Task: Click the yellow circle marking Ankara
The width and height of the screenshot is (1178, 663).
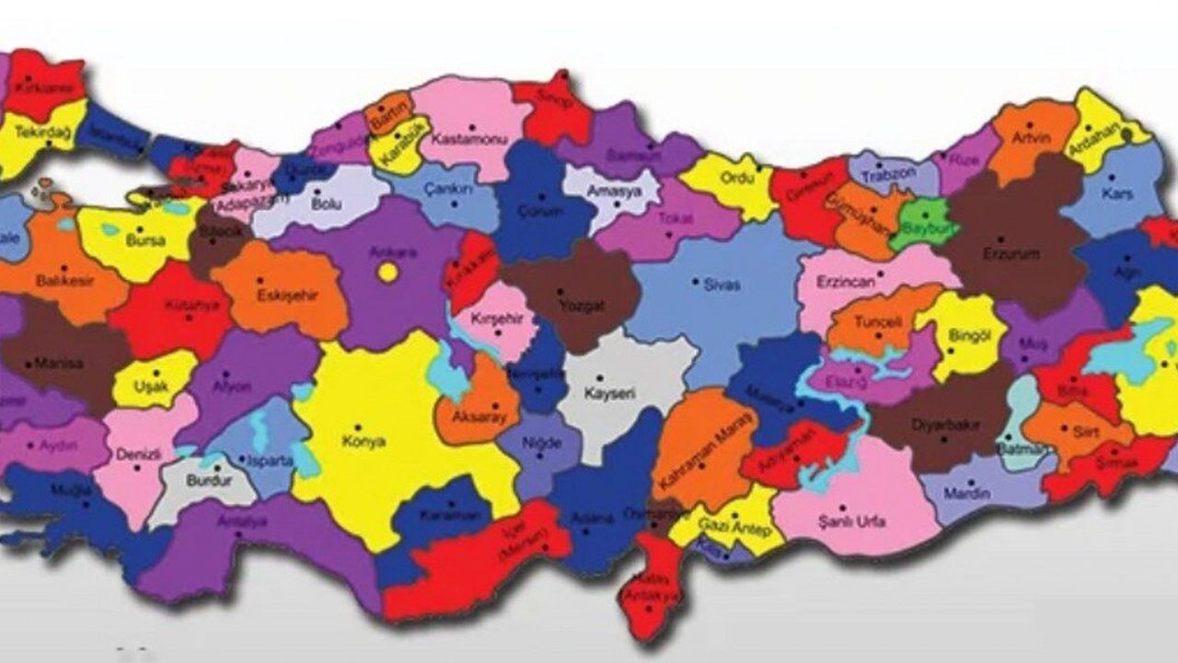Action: (388, 273)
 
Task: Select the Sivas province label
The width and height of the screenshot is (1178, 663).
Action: (722, 285)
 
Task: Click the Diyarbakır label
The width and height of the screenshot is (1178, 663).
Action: (945, 425)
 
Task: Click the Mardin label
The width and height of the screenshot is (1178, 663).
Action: (966, 494)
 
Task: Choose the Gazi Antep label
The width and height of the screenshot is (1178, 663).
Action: (726, 523)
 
